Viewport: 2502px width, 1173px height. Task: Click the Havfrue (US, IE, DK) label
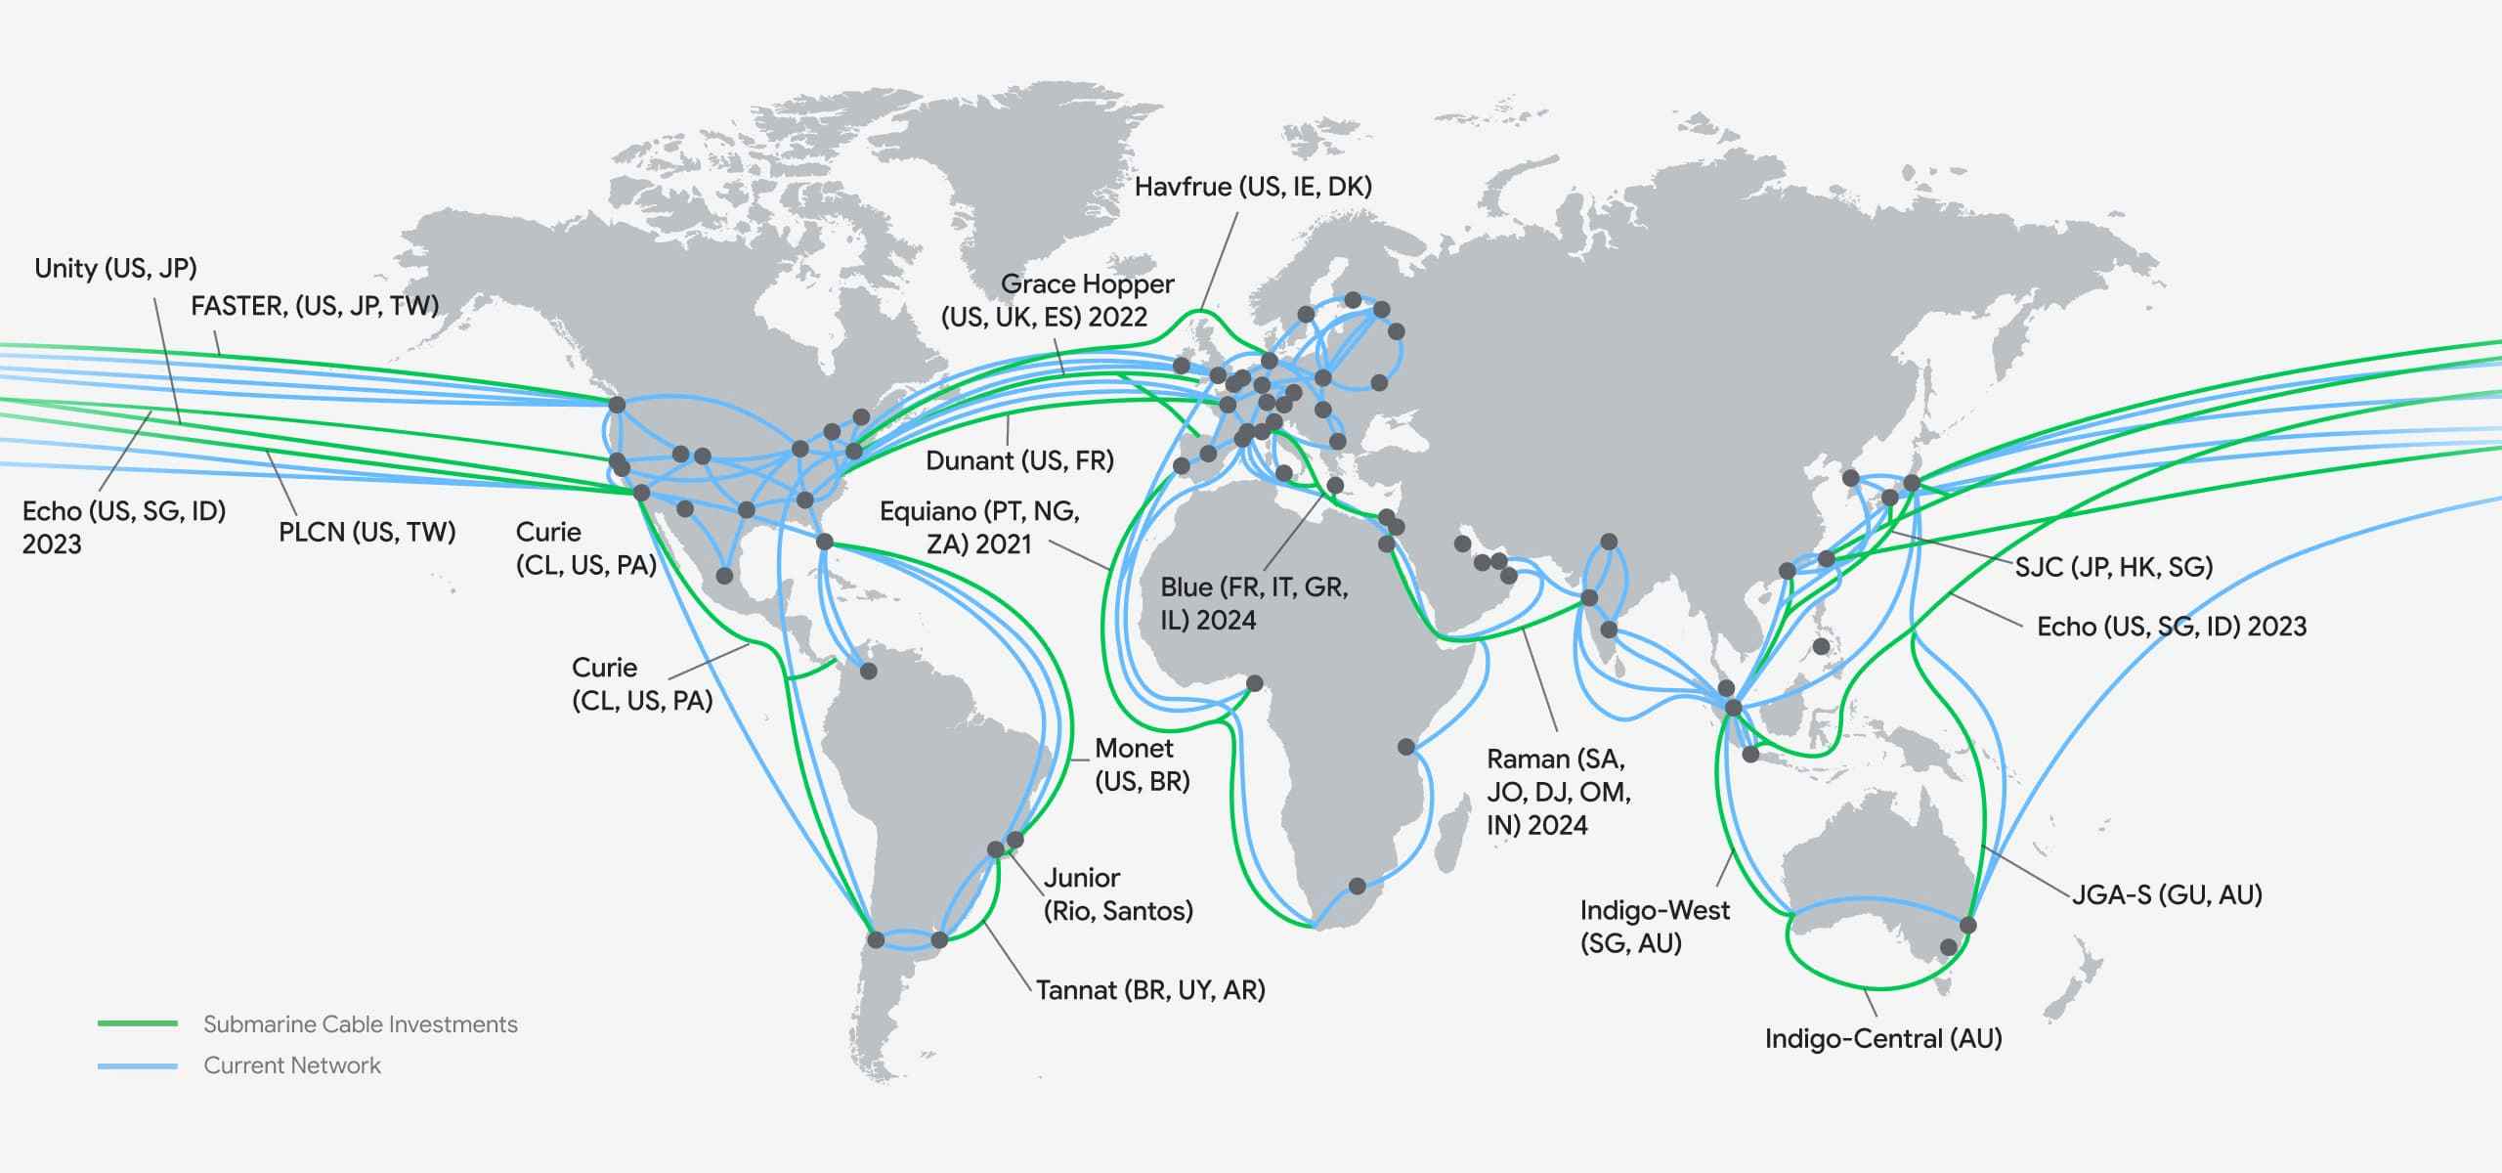(1253, 187)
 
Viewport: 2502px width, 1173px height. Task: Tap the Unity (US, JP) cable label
(115, 268)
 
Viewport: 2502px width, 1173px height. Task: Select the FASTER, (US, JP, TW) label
(315, 306)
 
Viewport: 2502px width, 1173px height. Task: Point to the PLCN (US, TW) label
(367, 532)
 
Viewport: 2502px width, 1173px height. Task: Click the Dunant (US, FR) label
(1019, 460)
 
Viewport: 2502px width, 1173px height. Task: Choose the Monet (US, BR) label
(1142, 764)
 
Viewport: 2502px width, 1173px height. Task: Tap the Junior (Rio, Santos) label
(1118, 893)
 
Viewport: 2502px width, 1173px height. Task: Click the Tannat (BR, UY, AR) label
(1150, 990)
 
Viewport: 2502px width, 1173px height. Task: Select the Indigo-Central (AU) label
(1883, 1038)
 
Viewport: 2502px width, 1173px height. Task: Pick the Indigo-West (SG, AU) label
(1654, 927)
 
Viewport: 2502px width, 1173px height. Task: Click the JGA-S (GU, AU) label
(2167, 894)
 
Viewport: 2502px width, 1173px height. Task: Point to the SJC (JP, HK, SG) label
(2113, 567)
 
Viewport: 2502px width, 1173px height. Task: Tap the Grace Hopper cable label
(1057, 300)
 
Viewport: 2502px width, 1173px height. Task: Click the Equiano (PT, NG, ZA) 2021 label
(979, 527)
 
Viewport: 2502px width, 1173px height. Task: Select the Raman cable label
(1558, 792)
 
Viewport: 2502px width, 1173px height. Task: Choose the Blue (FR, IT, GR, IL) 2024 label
(1254, 603)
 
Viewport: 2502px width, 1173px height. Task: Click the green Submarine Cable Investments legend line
(138, 1023)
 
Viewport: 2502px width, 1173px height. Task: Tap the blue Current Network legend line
(138, 1065)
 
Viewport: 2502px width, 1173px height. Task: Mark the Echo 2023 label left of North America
(123, 527)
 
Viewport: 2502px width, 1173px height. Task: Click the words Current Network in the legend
(292, 1065)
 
